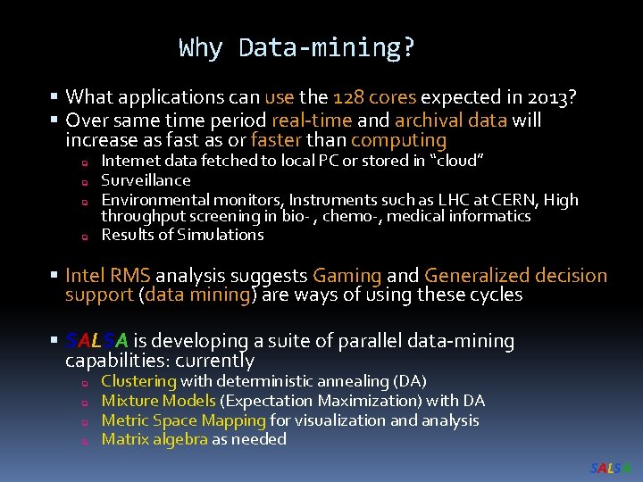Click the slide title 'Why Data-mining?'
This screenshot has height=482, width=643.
point(296,47)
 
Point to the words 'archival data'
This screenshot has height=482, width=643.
point(451,120)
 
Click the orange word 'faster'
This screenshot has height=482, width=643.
point(276,141)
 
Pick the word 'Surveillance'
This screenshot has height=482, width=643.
point(146,180)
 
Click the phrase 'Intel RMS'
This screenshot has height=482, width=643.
point(108,277)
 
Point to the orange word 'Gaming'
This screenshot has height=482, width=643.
point(347,277)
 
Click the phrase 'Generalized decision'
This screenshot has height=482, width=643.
point(515,277)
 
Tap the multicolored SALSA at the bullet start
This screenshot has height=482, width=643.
point(97,341)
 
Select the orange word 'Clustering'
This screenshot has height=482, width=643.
point(139,381)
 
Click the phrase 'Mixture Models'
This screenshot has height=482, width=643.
point(158,401)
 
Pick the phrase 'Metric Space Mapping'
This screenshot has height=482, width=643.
point(183,420)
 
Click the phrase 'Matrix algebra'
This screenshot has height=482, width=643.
point(154,439)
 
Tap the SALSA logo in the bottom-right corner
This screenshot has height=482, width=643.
point(611,469)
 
